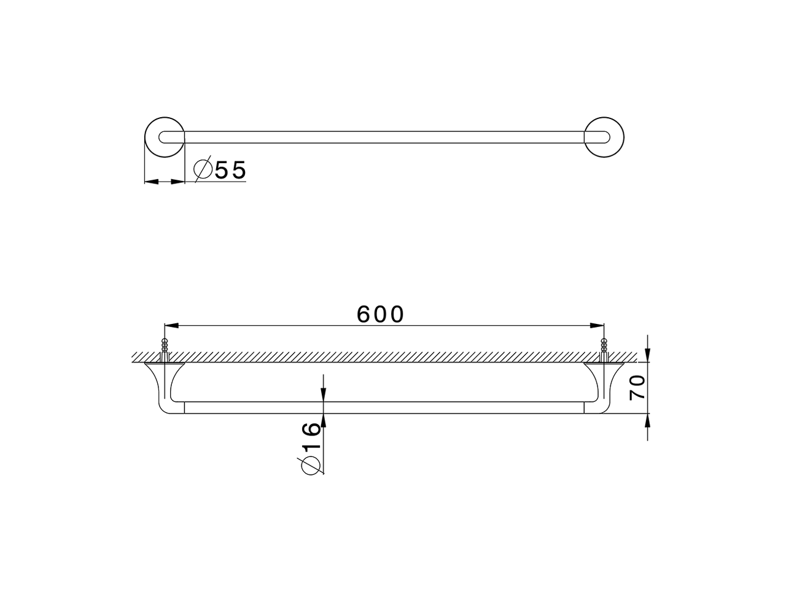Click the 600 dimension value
click(x=381, y=314)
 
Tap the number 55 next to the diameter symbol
click(x=230, y=170)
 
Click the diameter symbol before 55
click(x=203, y=169)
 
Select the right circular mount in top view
click(x=604, y=137)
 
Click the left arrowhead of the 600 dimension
click(x=169, y=325)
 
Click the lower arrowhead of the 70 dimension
click(x=649, y=420)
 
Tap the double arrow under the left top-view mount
click(x=165, y=182)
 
